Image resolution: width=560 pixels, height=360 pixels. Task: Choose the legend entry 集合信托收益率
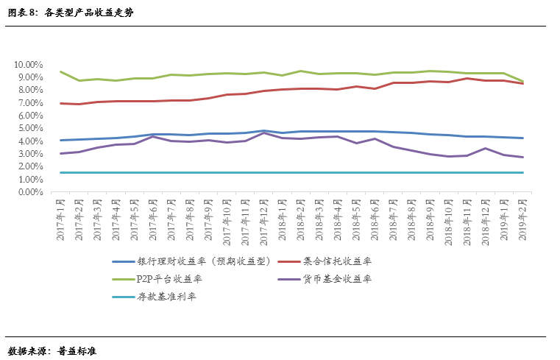[337, 261]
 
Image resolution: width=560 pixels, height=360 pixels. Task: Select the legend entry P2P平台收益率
[169, 279]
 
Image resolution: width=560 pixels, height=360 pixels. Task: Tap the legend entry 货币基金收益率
[337, 279]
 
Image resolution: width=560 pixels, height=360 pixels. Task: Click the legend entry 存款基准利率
[166, 297]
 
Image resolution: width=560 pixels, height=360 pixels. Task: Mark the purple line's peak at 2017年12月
[264, 133]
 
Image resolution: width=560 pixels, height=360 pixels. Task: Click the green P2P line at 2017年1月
[60, 71]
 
